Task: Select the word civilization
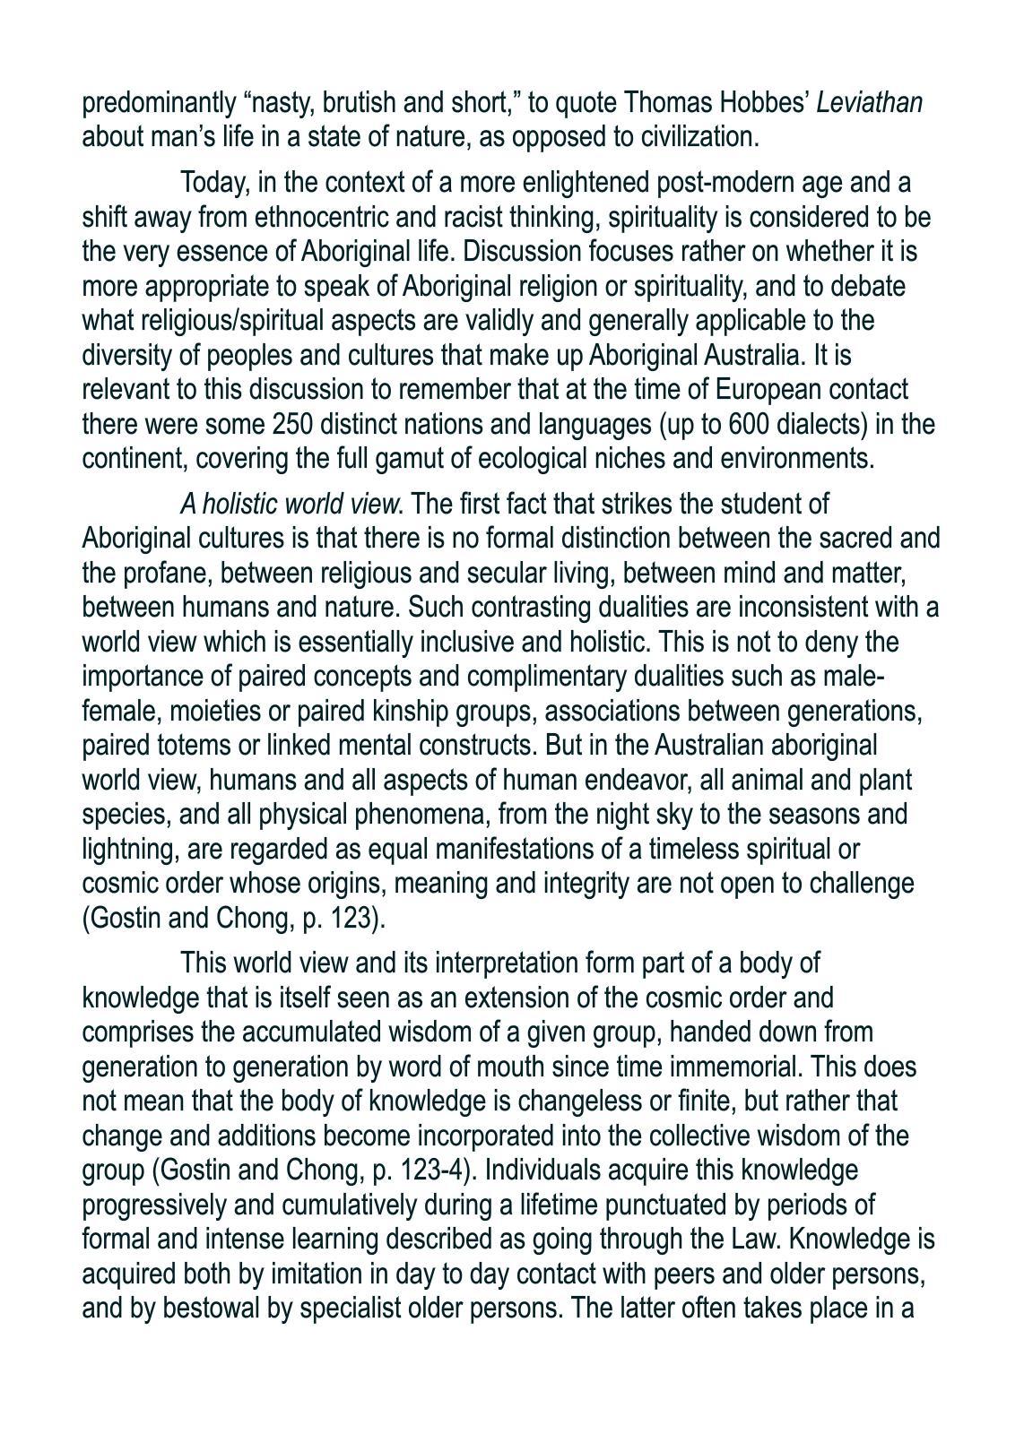pyautogui.click(x=696, y=137)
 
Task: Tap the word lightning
pyautogui.click(x=127, y=849)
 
